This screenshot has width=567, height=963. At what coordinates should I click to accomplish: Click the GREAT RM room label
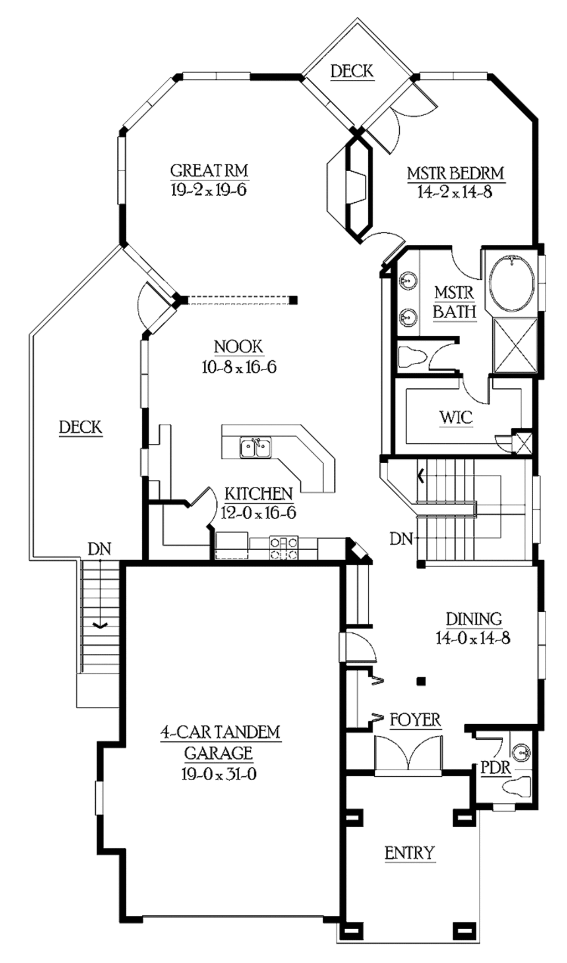click(209, 170)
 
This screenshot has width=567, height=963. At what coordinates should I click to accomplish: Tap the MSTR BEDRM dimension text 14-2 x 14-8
click(455, 192)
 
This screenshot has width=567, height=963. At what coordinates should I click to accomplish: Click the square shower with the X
click(515, 345)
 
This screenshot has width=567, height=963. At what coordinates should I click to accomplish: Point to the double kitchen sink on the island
click(255, 447)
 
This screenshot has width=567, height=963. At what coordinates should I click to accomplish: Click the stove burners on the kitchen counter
click(283, 548)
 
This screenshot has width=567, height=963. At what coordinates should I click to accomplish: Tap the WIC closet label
click(456, 417)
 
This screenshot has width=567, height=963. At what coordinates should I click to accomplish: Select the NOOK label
click(239, 347)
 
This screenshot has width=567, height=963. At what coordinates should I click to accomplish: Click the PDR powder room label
click(495, 768)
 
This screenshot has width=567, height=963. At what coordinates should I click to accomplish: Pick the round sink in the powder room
click(520, 752)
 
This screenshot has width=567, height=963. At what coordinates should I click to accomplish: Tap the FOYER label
click(415, 720)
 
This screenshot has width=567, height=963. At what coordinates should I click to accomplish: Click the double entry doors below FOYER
click(408, 754)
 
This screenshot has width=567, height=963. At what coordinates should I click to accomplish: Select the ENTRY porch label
click(410, 853)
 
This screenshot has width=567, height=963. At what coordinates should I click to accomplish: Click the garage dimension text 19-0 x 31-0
click(219, 774)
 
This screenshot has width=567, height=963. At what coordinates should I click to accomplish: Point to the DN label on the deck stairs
click(100, 549)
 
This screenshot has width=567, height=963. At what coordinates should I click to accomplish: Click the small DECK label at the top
click(352, 71)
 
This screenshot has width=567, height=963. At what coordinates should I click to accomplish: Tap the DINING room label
click(474, 618)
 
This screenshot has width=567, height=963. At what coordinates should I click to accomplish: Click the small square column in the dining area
click(421, 681)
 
